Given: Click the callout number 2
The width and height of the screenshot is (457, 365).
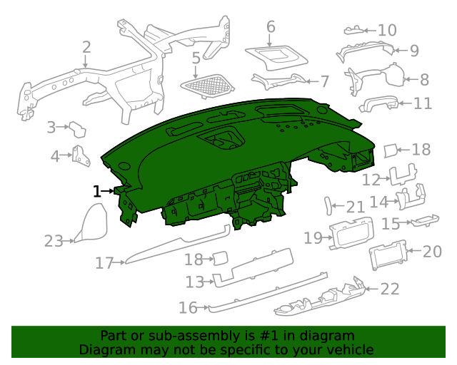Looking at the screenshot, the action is (86, 47).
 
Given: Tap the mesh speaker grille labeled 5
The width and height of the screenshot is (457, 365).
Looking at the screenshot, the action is (208, 86).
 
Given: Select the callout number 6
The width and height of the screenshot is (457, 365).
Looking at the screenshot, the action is (271, 27).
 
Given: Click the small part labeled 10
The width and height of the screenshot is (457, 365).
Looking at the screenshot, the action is (353, 30).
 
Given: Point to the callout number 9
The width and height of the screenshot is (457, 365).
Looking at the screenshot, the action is (414, 51).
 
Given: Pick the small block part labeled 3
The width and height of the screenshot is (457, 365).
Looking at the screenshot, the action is (77, 130).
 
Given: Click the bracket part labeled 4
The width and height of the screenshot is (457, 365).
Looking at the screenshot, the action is (81, 156).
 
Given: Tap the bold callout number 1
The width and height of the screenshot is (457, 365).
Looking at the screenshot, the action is (97, 192).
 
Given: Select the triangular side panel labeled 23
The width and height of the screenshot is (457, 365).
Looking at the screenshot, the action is (91, 223).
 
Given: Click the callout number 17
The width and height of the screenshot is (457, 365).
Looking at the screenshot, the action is (104, 263).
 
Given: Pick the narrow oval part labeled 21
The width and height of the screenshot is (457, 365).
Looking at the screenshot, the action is (328, 206).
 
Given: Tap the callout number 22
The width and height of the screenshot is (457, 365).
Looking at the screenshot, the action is (390, 289).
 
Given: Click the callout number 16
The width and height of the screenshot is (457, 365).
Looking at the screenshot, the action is (188, 308).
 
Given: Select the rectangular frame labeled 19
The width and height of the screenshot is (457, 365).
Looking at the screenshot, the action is (351, 233).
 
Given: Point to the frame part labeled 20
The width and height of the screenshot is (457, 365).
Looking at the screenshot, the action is (388, 255).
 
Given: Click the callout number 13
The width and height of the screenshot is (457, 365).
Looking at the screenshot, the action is (195, 282).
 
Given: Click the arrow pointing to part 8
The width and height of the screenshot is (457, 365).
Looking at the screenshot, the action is (411, 79).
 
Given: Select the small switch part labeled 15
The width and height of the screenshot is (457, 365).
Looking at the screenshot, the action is (424, 220).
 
